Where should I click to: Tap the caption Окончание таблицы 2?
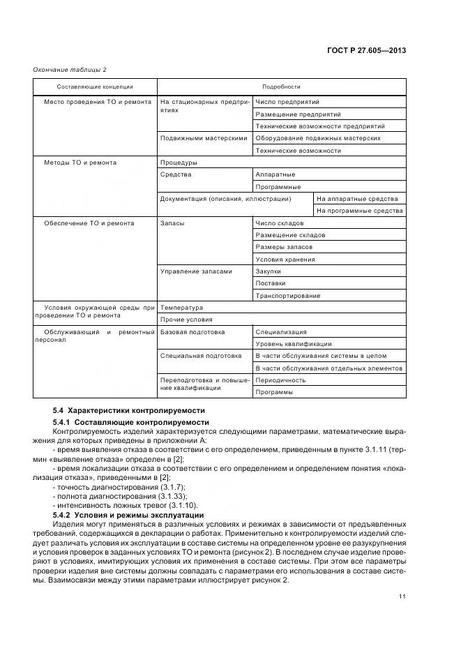click(x=70, y=69)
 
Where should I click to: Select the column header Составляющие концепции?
click(x=86, y=87)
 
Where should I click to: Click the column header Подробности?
click(x=282, y=87)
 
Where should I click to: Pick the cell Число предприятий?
click(x=282, y=102)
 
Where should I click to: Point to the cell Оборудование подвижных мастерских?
click(x=318, y=138)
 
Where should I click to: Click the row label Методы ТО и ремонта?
click(x=81, y=163)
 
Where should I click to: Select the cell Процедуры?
click(x=174, y=163)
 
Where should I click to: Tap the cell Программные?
click(x=278, y=186)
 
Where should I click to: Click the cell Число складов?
click(x=280, y=223)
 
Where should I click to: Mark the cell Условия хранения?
click(x=285, y=260)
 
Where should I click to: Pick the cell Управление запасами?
click(x=196, y=271)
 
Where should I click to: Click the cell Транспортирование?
click(x=288, y=296)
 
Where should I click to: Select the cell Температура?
click(x=181, y=308)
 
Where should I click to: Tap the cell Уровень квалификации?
click(x=294, y=344)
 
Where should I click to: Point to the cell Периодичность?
click(x=280, y=380)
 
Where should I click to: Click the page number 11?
click(x=402, y=595)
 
